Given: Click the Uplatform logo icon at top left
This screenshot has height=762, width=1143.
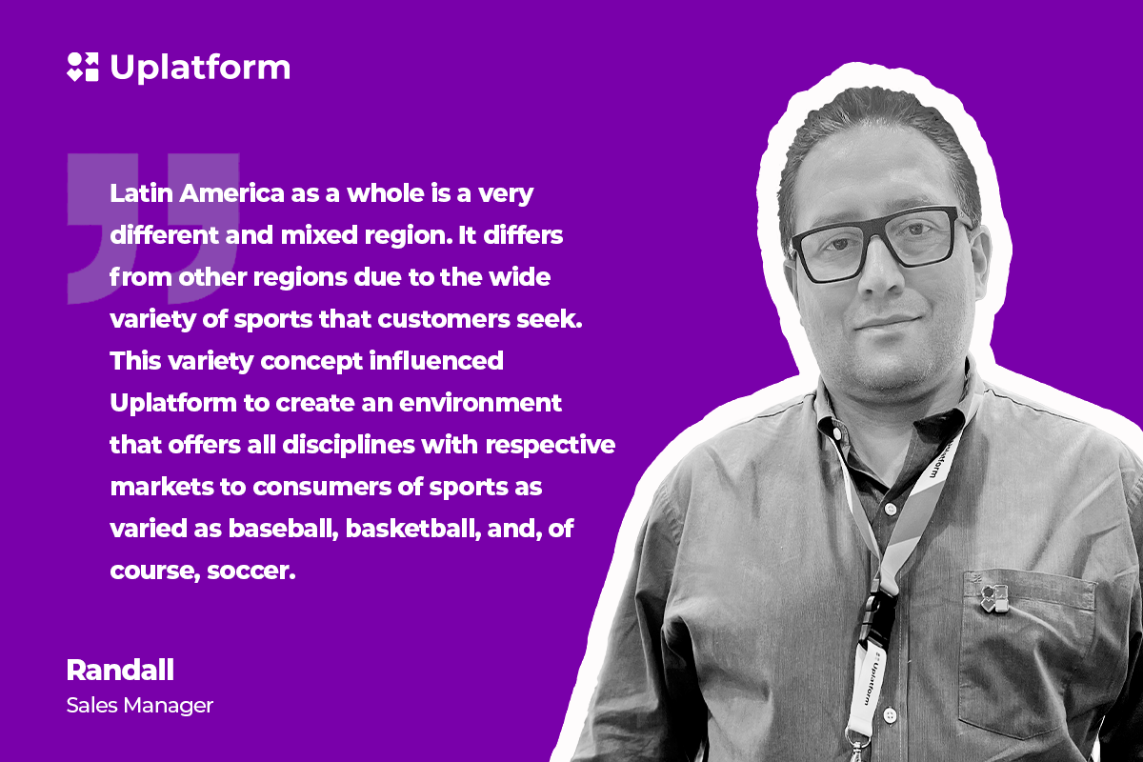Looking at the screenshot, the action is [83, 67].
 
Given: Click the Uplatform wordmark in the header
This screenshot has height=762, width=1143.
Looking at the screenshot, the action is [200, 68].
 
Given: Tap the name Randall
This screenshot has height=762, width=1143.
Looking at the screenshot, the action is [120, 671].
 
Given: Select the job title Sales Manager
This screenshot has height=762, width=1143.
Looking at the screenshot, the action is [140, 706].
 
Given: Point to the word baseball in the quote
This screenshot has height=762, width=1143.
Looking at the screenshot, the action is [283, 529].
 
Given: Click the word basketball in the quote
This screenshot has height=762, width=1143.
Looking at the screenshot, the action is [413, 529].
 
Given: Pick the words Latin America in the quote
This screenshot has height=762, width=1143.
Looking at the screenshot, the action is [197, 193].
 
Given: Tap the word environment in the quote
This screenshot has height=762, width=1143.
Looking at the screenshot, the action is [480, 403].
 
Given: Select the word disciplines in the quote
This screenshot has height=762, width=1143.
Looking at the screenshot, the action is [349, 445].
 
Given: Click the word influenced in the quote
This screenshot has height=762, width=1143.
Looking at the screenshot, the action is [436, 360].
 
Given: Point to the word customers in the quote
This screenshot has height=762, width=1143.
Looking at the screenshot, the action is [444, 319].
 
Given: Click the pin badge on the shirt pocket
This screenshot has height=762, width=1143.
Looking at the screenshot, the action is [995, 598].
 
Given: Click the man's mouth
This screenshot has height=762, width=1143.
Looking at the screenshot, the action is [889, 323].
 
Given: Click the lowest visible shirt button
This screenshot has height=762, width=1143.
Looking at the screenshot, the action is [890, 715].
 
